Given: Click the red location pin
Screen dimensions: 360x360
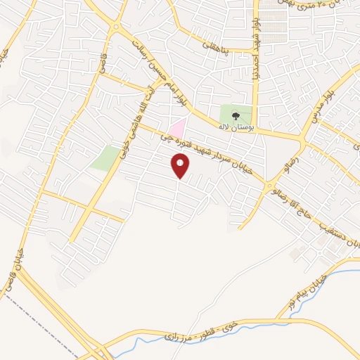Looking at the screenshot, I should click(x=180, y=166).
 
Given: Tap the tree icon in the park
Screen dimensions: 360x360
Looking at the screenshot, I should click(x=236, y=116).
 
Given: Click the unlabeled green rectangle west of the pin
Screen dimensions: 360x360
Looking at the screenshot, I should click(x=105, y=157).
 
